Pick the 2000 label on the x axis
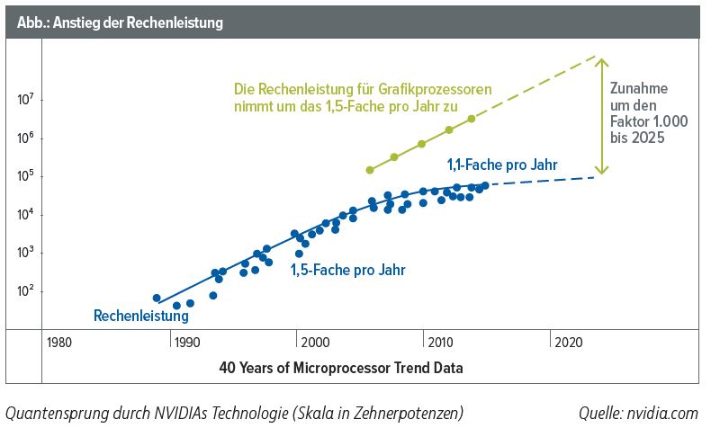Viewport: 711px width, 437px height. (314, 343)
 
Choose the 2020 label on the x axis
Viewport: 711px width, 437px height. (568, 343)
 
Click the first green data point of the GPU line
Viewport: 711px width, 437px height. (370, 170)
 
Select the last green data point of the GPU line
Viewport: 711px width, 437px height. (472, 119)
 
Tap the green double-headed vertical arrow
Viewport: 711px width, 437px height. (602, 115)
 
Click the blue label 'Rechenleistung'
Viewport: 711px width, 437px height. (141, 316)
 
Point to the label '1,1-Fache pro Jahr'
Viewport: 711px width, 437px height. (502, 165)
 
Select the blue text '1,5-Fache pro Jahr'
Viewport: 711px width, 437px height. (347, 269)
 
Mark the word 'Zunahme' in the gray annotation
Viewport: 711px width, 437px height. (637, 90)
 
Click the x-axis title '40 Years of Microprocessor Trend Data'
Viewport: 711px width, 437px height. (341, 369)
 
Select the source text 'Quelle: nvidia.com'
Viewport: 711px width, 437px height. (638, 413)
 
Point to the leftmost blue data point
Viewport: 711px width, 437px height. (157, 298)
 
